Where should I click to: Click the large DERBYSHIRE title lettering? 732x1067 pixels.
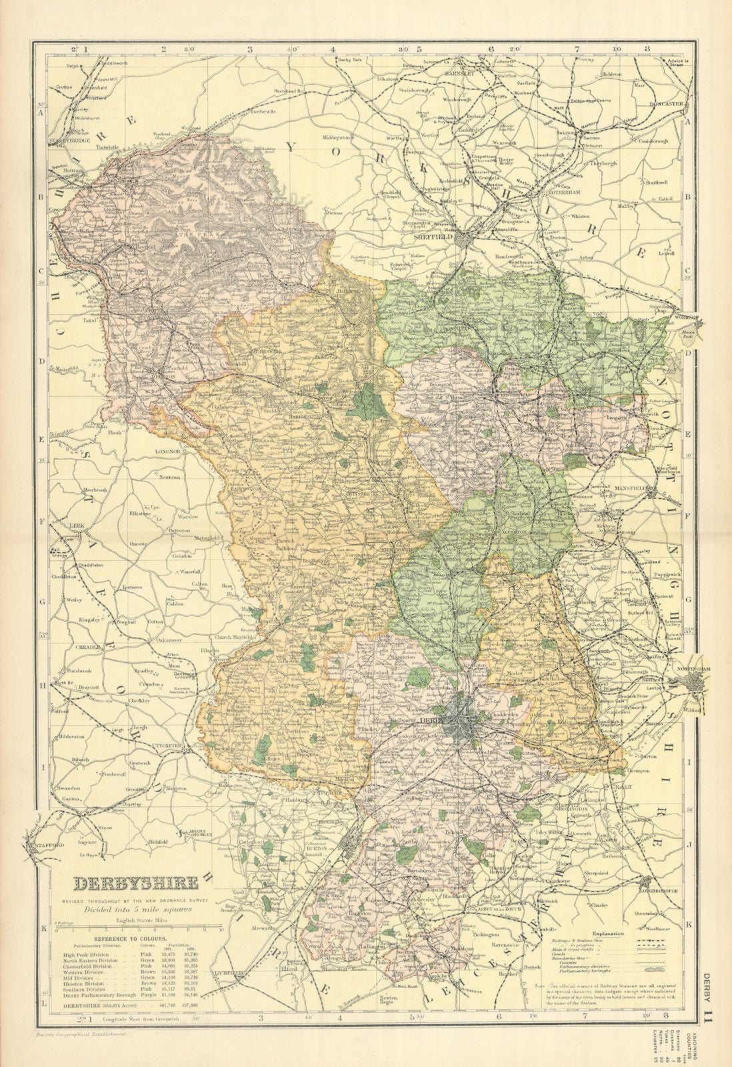click(x=135, y=884)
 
